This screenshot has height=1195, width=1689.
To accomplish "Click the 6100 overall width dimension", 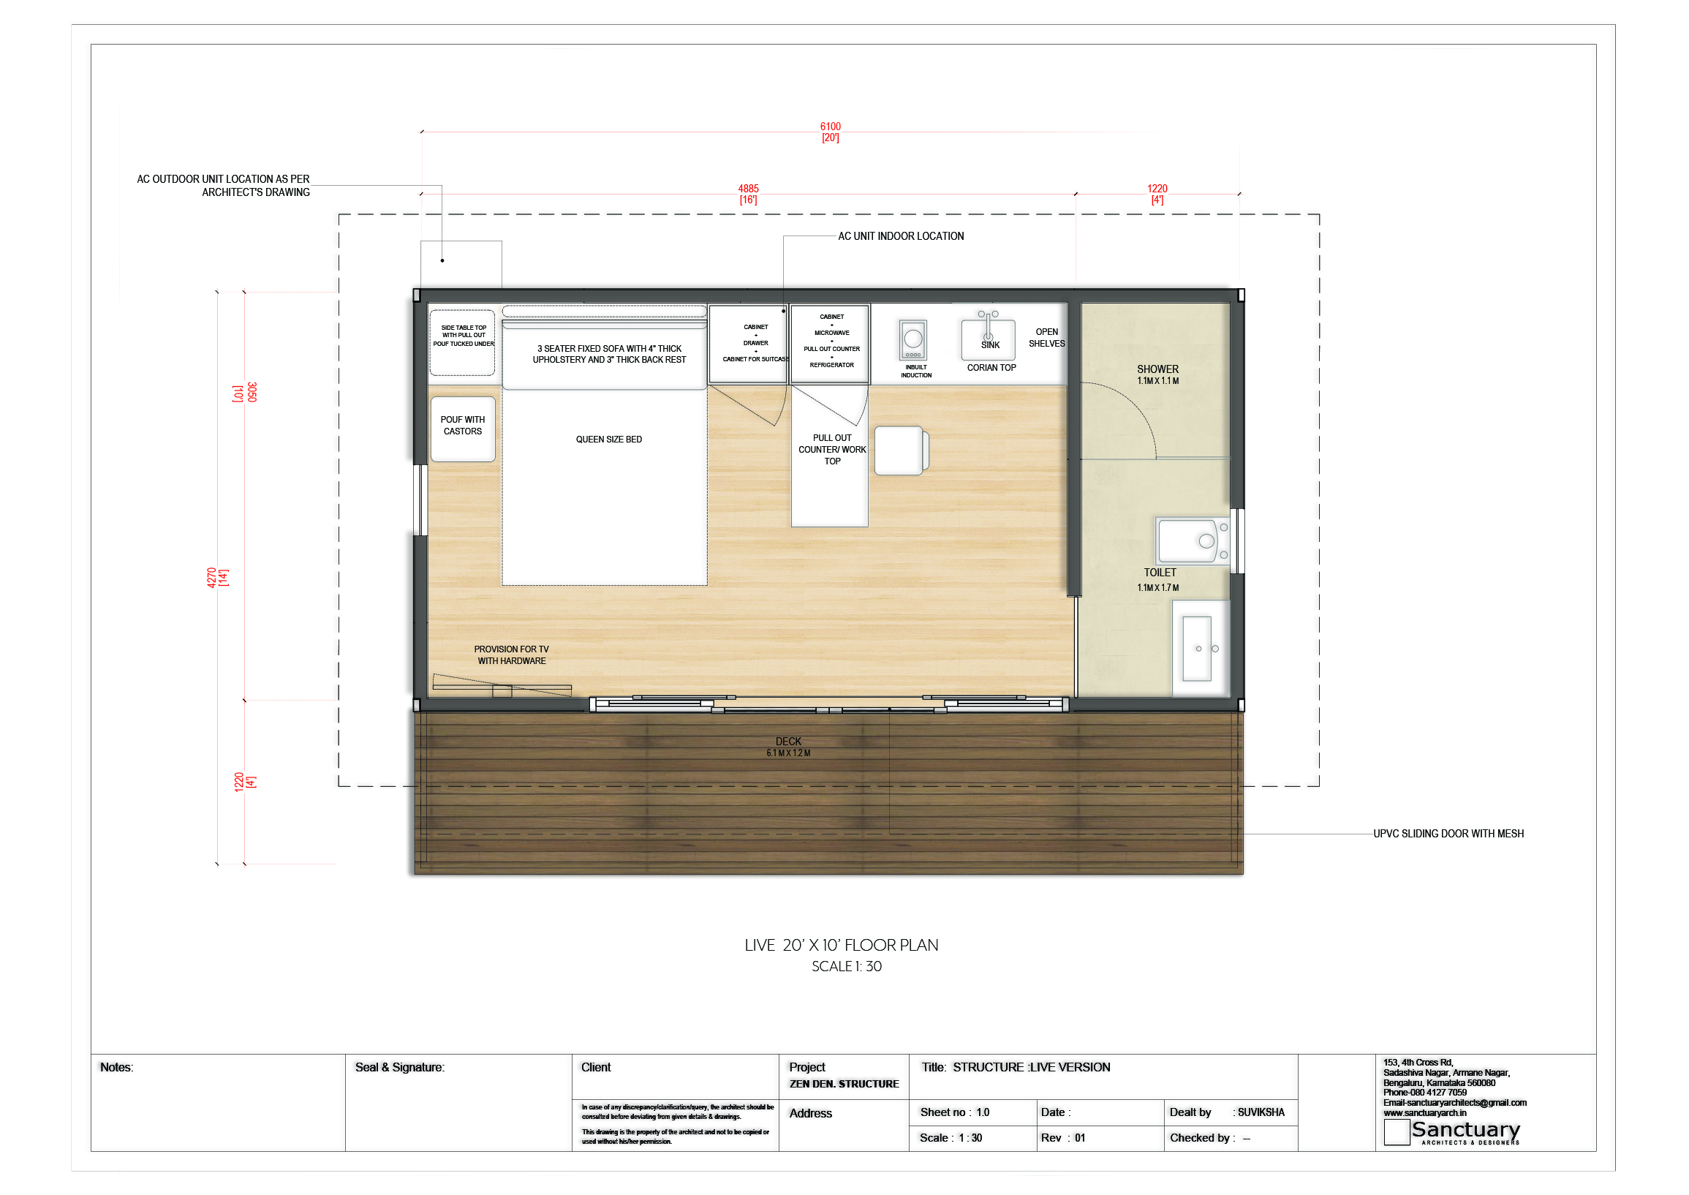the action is point(830,132).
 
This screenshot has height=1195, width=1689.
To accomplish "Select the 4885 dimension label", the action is point(748,195).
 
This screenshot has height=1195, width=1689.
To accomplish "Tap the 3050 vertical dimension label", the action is point(245,392).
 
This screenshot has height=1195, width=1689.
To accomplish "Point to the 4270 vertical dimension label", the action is point(217,577).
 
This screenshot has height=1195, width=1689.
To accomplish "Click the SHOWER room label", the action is point(1158,369).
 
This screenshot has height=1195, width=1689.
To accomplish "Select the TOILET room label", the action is point(1160,573).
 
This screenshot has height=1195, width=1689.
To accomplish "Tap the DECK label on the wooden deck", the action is point(789,742).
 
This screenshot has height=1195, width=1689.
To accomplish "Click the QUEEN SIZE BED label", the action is point(609,440).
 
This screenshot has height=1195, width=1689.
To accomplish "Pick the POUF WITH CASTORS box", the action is point(463,429).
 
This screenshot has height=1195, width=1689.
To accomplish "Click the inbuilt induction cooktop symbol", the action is point(913,340).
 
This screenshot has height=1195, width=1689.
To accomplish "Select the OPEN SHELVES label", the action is point(1047,338).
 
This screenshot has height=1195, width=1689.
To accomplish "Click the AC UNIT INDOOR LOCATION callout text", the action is point(901,236).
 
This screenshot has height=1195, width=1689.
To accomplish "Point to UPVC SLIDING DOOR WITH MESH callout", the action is point(1448,834).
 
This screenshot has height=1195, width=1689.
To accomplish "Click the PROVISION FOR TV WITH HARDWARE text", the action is point(511,655).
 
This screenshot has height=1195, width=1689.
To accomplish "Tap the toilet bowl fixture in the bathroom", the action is point(1192,541).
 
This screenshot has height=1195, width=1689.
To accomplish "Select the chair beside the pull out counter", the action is point(901,451).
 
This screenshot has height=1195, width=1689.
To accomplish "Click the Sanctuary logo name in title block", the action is point(1465,1129).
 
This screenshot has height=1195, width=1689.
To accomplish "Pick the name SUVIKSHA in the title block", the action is point(1261,1112).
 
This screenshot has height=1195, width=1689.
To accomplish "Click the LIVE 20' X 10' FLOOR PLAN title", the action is point(842,946).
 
